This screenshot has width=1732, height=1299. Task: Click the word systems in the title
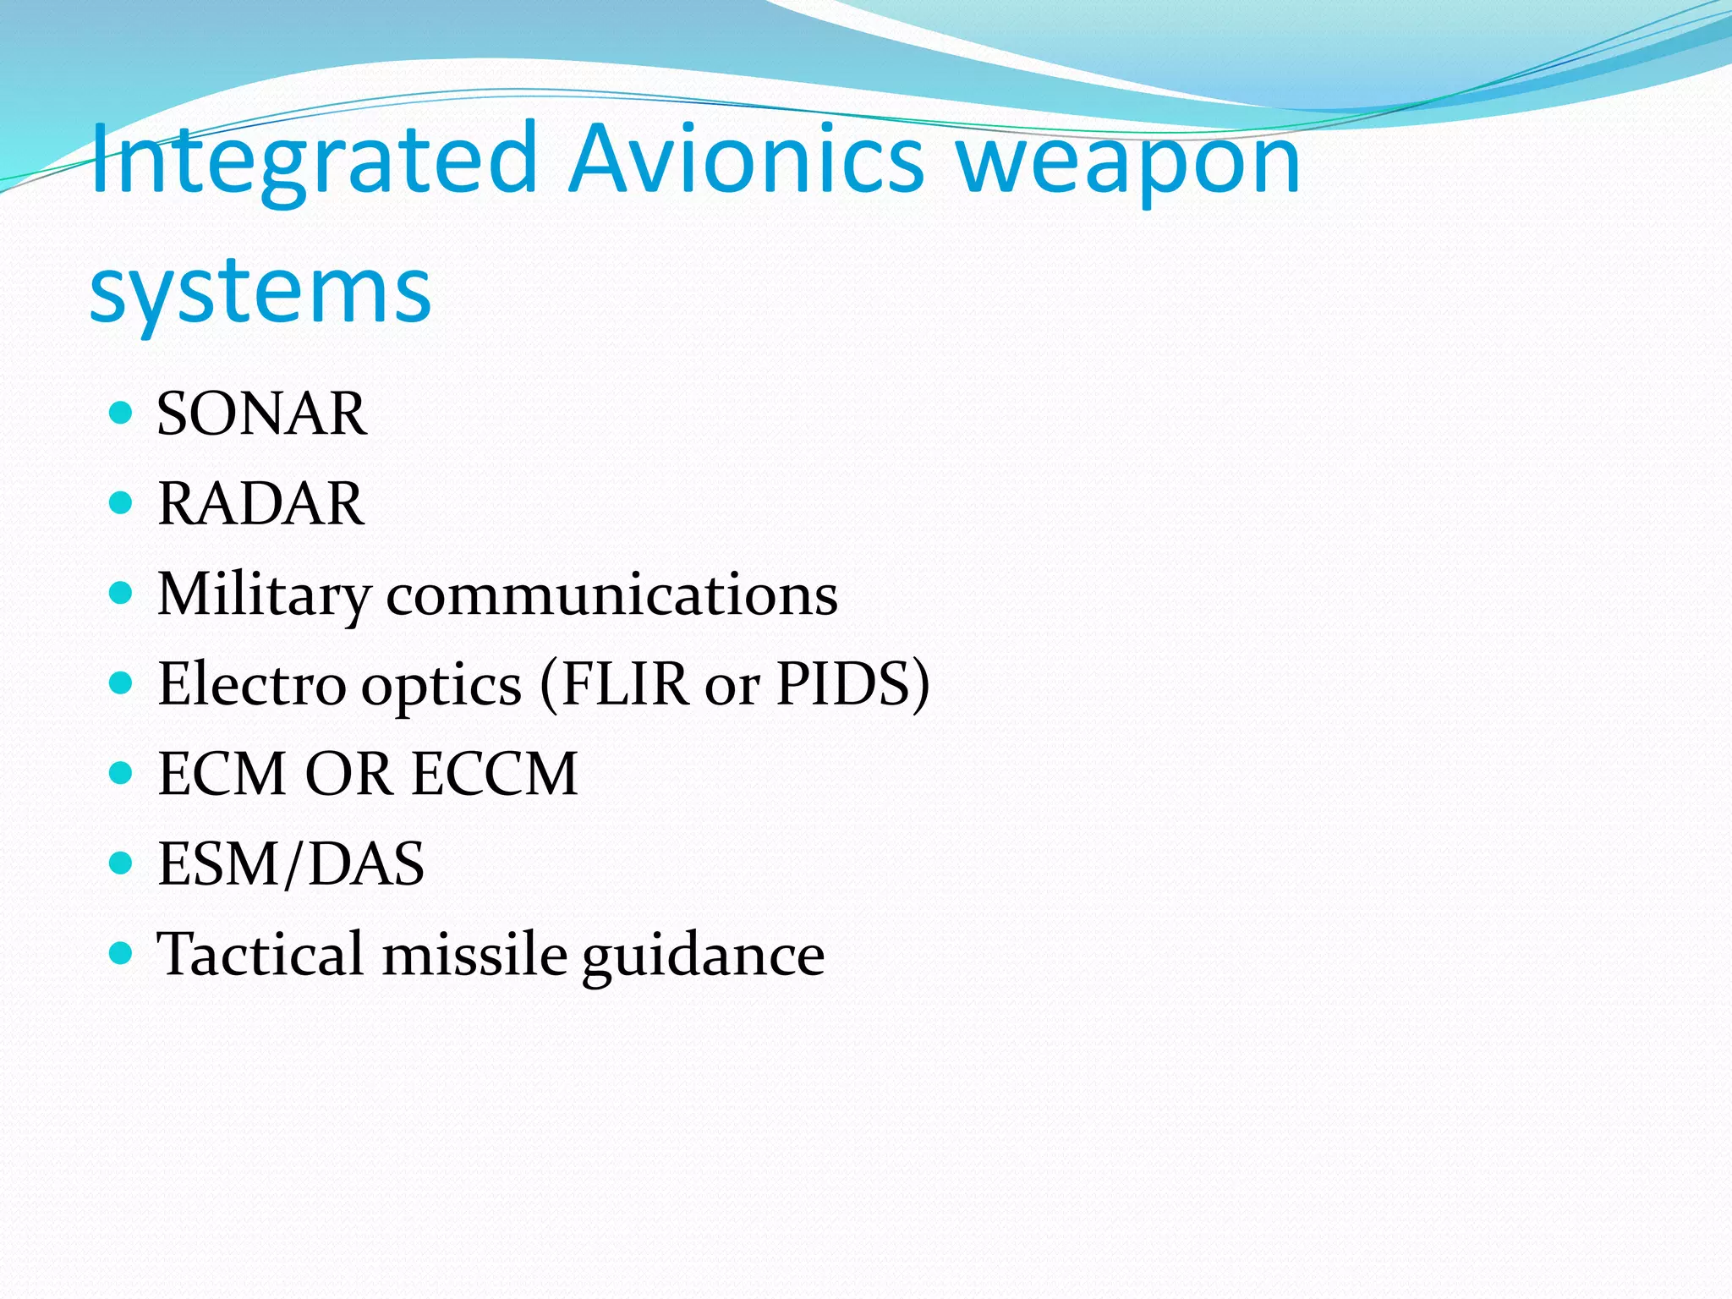(260, 291)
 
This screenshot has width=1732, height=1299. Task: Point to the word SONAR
(262, 414)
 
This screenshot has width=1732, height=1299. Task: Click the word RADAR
(261, 504)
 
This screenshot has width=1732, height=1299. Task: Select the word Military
(264, 595)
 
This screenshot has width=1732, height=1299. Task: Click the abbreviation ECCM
(496, 775)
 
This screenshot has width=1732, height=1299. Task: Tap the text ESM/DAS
(291, 864)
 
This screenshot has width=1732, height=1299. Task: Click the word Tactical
(261, 955)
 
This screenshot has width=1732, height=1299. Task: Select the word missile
(474, 955)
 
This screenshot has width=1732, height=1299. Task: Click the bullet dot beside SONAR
(122, 413)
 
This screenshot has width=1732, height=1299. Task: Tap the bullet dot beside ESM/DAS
(122, 863)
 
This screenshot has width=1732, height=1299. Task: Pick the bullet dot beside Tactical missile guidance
(122, 953)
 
